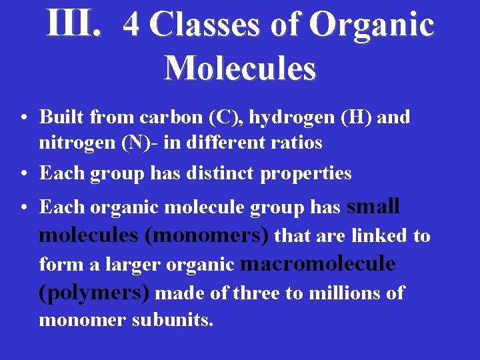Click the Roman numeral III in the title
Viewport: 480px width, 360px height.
tap(73, 24)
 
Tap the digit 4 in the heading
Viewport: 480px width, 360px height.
tap(131, 25)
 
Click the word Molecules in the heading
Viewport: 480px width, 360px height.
tap(239, 67)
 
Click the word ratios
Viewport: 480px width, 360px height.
tap(299, 143)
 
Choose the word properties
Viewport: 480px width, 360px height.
tap(306, 174)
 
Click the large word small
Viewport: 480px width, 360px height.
tap(373, 207)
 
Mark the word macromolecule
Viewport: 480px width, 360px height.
tap(317, 264)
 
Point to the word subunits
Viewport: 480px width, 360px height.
tap(172, 320)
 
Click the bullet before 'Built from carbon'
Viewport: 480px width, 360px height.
tap(23, 119)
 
